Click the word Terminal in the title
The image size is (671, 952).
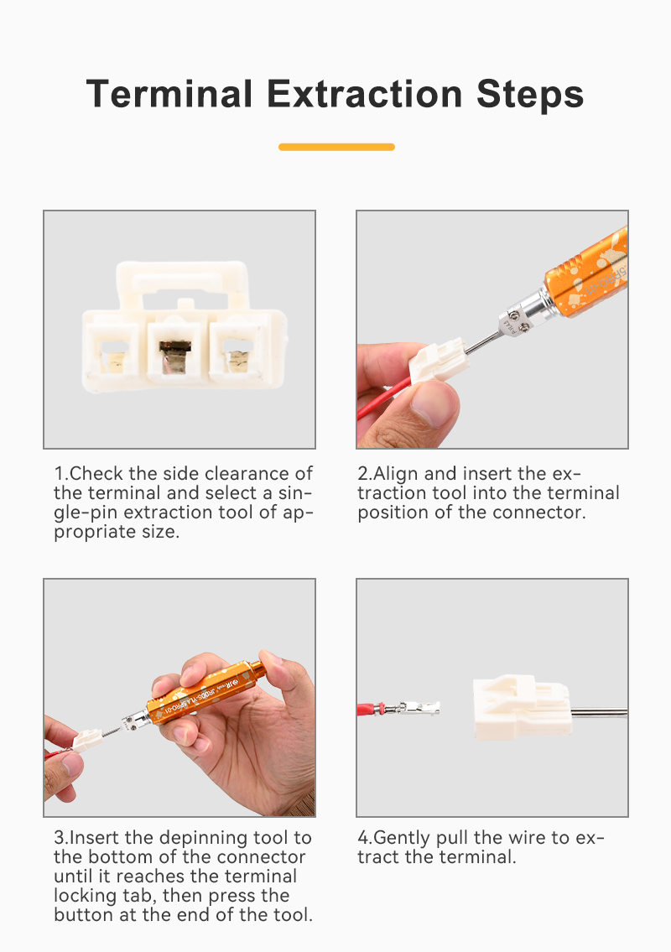click(169, 94)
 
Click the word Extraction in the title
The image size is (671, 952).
click(364, 94)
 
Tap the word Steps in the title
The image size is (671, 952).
click(529, 96)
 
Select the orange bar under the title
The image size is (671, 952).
click(336, 147)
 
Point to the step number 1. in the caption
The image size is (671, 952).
click(61, 474)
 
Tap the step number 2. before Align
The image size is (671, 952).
click(365, 474)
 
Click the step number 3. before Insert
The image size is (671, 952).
click(61, 838)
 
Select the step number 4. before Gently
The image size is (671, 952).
click(365, 838)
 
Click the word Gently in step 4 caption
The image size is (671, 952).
click(402, 839)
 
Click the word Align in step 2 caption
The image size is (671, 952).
click(396, 475)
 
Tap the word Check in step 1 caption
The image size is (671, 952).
click(96, 474)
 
